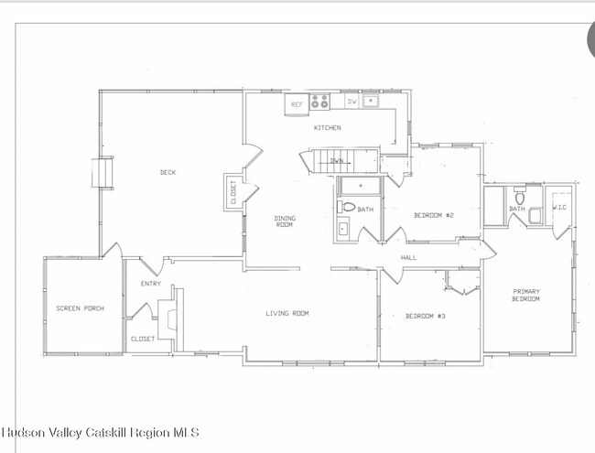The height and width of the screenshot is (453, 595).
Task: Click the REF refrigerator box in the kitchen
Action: [297, 104]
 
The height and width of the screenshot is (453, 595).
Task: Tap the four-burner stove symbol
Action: [319, 102]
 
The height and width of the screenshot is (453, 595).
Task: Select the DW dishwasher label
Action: [352, 102]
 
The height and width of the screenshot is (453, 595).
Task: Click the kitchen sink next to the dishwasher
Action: [372, 102]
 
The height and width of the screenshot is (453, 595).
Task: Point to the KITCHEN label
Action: [327, 128]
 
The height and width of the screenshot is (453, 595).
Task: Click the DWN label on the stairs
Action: [337, 161]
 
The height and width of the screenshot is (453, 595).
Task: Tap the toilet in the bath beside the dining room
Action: [344, 208]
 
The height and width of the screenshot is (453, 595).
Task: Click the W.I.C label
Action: [560, 207]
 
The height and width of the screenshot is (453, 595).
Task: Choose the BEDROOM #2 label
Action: [434, 215]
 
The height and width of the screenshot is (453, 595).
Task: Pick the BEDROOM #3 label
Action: [425, 317]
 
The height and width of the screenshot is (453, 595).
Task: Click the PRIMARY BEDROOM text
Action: [525, 296]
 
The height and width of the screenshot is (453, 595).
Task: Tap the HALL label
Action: [408, 258]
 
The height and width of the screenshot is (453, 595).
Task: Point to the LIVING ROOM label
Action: [287, 314]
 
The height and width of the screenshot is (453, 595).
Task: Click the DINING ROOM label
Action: [285, 221]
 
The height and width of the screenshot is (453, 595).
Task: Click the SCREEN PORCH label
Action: [80, 308]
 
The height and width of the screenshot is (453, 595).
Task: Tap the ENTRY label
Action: [150, 284]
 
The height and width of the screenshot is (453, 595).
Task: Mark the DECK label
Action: [168, 172]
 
